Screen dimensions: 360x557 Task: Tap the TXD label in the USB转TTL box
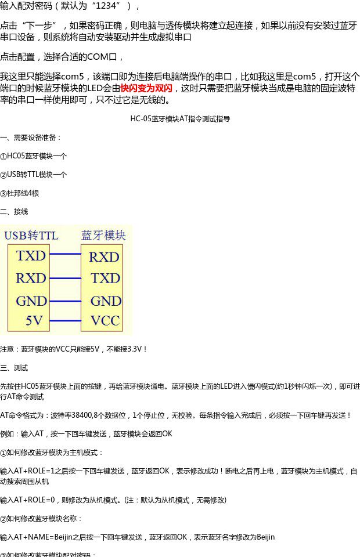(x=31, y=256)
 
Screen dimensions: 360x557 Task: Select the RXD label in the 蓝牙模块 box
(x=104, y=257)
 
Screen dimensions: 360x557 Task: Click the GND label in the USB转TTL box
(x=31, y=301)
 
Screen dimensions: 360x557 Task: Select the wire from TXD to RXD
(x=65, y=254)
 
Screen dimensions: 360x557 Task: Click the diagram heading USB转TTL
(x=31, y=235)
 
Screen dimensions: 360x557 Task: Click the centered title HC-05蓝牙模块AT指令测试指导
(x=180, y=119)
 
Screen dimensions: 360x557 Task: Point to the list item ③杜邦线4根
(x=20, y=193)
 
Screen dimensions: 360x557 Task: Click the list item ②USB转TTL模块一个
(x=34, y=175)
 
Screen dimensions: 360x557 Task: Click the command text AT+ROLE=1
(x=38, y=471)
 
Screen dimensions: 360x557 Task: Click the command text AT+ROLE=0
(x=38, y=500)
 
